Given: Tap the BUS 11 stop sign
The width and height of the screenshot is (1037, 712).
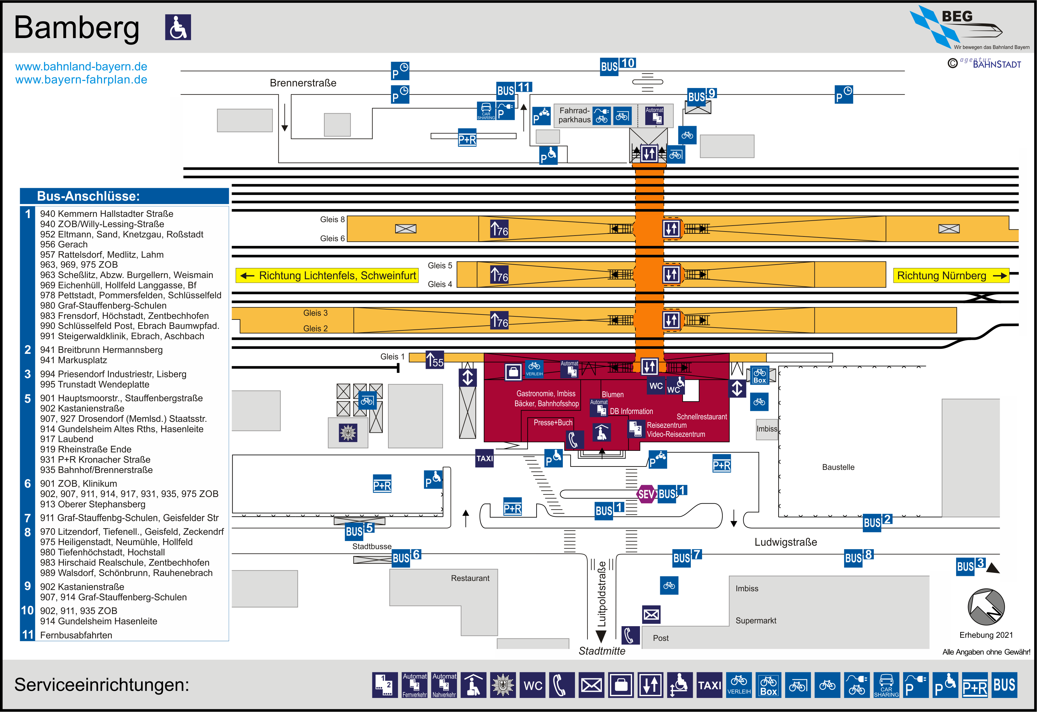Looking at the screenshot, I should coord(514,90).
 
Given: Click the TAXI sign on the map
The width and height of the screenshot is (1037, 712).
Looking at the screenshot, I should coord(484,458).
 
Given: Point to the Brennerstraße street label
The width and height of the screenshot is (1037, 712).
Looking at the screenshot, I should coord(303,83).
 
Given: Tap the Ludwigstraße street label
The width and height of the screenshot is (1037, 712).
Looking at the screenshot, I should coord(786,542).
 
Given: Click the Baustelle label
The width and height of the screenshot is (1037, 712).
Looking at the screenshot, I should coord(838,467).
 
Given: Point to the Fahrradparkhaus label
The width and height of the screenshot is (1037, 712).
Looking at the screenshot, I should coord(574,115).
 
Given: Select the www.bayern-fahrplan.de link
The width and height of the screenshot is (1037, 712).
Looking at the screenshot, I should coord(81,80).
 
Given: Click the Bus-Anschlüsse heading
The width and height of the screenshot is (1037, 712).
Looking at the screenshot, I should coord(88,196).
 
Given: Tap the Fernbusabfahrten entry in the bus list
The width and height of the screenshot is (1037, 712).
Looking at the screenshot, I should coord(76,635).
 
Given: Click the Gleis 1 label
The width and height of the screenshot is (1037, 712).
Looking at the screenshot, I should coord(392,356).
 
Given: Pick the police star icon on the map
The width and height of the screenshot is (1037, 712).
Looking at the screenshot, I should coord(348,433).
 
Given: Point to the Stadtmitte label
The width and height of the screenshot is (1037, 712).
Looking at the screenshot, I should coord(602,651).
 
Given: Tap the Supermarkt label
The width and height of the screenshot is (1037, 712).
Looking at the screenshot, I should coord(756,621).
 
